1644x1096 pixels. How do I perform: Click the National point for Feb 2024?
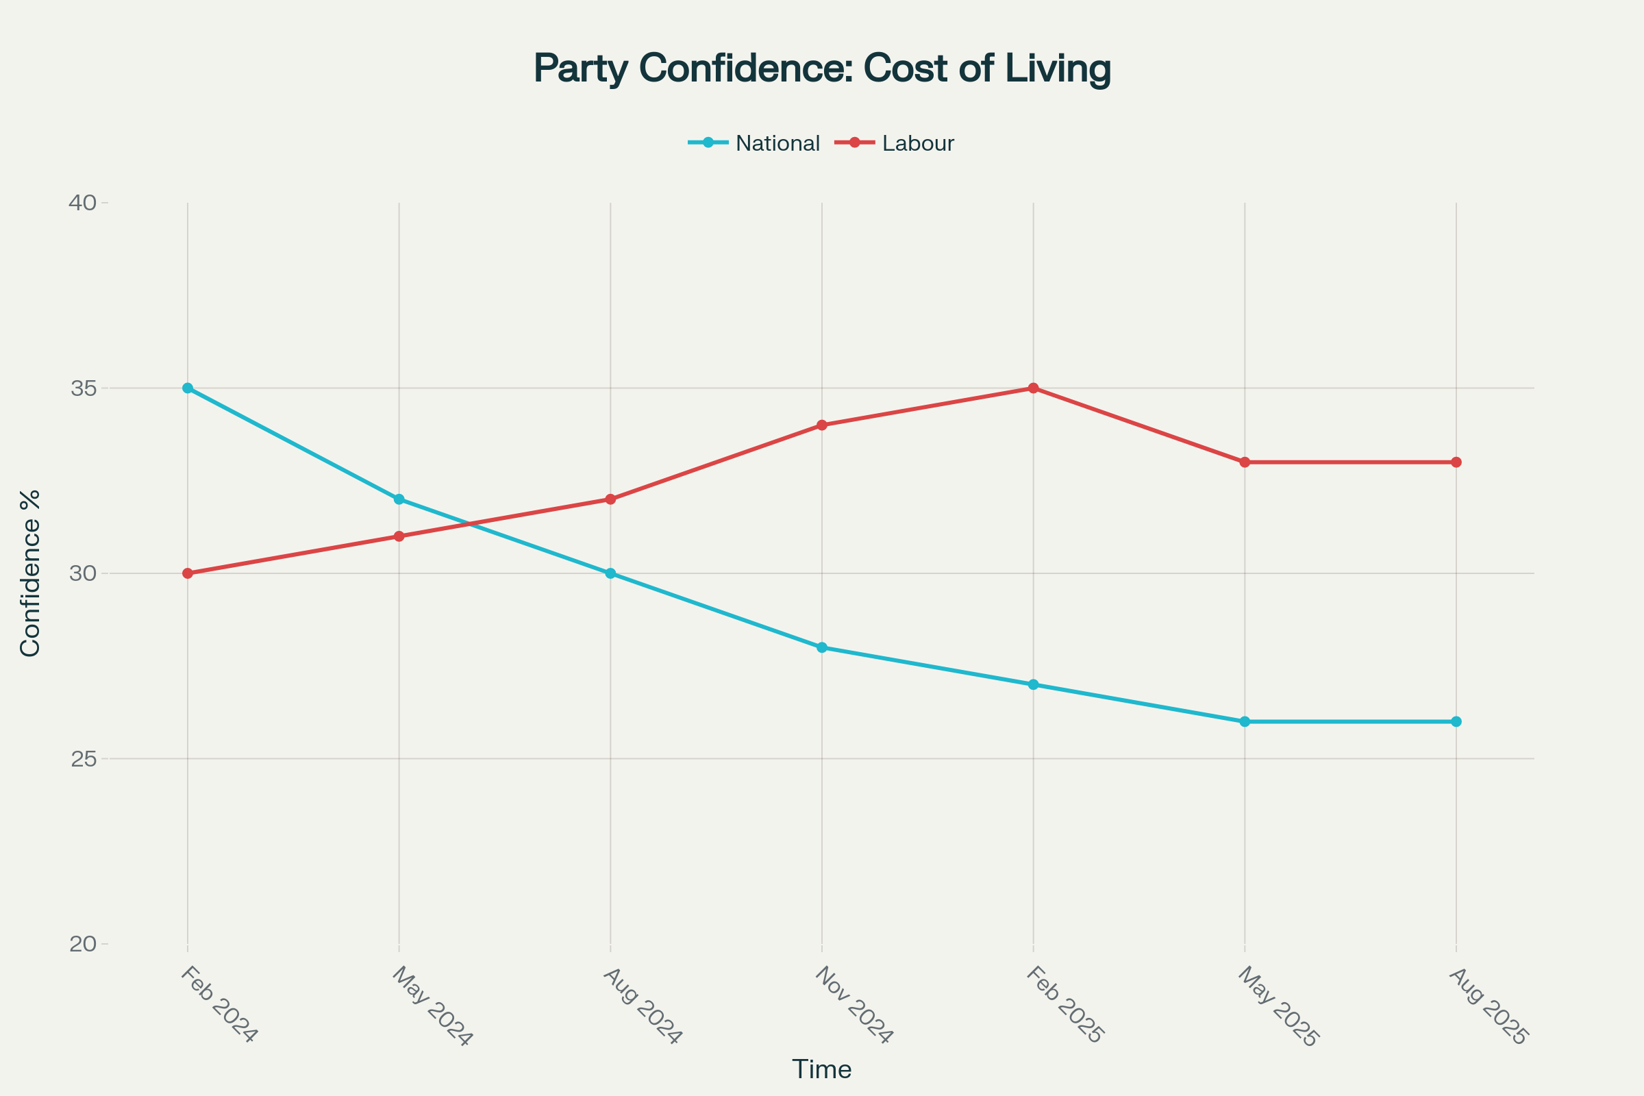coord(187,388)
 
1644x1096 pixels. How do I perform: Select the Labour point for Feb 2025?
coord(1033,388)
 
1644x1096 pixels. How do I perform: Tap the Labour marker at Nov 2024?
coord(822,425)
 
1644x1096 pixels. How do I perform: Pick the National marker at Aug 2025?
coord(1456,721)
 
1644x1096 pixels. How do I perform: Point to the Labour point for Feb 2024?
coord(187,573)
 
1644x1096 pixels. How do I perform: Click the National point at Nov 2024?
coord(822,647)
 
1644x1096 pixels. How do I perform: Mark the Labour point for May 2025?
coord(1245,462)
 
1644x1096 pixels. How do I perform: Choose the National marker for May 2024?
coord(399,499)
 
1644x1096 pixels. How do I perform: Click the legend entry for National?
coord(777,143)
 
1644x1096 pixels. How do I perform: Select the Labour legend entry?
coord(917,143)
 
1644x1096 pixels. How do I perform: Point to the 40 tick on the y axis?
coord(82,203)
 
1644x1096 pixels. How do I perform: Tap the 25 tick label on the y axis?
coord(82,758)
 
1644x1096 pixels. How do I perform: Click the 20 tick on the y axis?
coord(82,944)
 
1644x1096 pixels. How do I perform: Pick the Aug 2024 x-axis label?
coord(642,1006)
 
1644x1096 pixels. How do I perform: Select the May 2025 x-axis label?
coord(1277,1007)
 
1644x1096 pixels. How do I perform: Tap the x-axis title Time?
coord(821,1069)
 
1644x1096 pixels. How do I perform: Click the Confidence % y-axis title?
coord(30,573)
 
